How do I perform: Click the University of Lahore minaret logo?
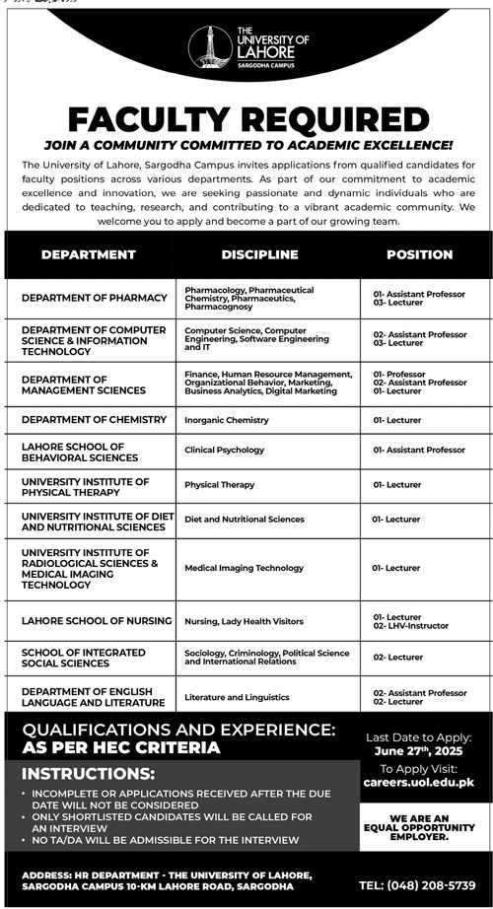(x=209, y=46)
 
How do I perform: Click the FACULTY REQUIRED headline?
(x=247, y=120)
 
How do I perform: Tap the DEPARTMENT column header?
(x=89, y=254)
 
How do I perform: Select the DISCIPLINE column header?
(x=259, y=254)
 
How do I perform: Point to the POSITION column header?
(x=419, y=254)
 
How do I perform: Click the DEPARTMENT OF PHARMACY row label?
(x=95, y=298)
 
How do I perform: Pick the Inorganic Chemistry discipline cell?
(x=227, y=420)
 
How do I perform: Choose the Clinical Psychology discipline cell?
(x=225, y=450)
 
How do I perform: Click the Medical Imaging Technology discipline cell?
(x=245, y=568)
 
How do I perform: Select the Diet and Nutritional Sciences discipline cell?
(x=245, y=519)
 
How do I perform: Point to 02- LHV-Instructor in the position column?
(x=411, y=626)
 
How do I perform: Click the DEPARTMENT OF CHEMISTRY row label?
(x=95, y=420)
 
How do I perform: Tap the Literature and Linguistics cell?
(x=237, y=697)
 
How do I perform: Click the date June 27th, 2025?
(x=419, y=751)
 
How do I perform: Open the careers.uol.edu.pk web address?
(x=419, y=783)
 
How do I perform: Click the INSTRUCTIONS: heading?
(x=89, y=774)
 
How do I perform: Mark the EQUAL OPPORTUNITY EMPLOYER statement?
(x=419, y=827)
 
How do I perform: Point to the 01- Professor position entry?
(x=399, y=375)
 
